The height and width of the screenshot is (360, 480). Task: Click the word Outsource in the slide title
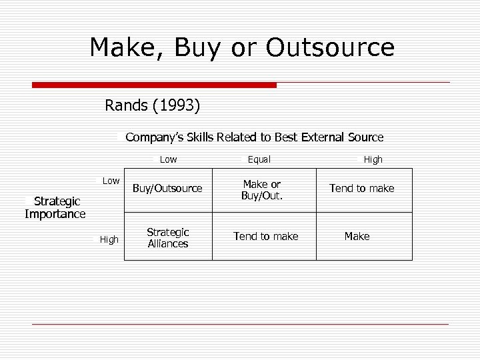330,47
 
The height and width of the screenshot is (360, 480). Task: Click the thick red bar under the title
154,85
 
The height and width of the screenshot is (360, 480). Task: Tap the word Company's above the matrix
154,137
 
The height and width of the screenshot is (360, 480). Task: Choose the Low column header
169,159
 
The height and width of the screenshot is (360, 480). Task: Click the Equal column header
259,159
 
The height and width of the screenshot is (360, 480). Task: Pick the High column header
373,159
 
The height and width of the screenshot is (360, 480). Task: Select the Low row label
111,181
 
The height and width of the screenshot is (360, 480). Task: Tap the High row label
109,239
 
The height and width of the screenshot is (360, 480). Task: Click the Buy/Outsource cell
167,189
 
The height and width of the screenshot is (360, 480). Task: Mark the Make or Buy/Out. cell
262,190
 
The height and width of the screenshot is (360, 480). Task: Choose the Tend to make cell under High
362,189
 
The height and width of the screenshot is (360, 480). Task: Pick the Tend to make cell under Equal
265,236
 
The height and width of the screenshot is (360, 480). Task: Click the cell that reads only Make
357,236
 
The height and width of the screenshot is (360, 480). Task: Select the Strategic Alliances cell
168,238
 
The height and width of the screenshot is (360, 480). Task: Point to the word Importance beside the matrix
55,214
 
